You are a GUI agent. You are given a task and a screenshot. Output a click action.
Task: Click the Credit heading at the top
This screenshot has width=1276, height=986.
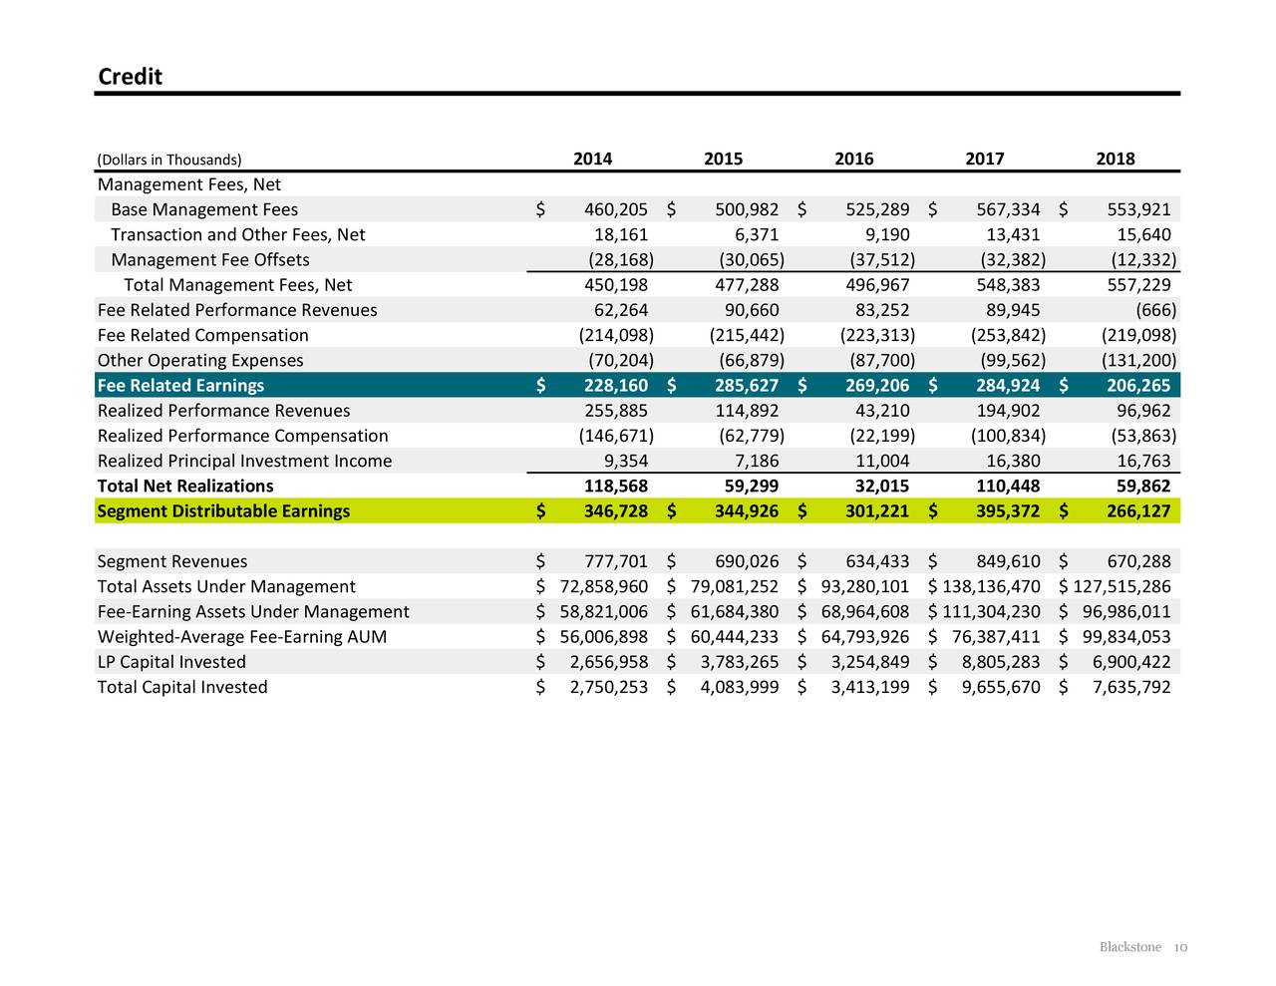point(130,77)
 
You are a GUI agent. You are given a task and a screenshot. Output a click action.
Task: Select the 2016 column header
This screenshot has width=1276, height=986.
point(853,159)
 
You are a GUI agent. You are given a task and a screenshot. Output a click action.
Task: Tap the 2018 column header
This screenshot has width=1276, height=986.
point(1115,159)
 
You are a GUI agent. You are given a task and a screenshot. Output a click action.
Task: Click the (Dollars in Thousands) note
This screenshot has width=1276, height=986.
point(169,160)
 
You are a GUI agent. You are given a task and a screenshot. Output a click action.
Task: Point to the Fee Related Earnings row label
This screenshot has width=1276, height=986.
point(180,386)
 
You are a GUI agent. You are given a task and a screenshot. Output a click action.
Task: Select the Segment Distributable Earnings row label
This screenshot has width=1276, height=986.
point(223,511)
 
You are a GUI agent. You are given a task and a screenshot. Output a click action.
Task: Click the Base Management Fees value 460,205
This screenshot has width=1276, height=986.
point(615,209)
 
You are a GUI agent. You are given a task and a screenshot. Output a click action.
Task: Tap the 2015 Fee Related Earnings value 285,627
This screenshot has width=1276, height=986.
point(746,386)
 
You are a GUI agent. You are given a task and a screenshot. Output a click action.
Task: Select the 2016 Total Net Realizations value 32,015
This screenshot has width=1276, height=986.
point(876,487)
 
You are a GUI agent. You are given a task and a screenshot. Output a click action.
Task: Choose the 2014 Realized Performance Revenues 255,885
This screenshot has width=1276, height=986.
point(615,411)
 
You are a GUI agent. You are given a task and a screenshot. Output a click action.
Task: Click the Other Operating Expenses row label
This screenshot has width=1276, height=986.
point(200,361)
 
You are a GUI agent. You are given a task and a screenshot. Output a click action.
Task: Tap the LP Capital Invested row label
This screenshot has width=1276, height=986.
point(171,662)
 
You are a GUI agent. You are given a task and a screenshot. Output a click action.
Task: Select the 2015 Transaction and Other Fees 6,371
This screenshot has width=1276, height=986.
point(756,234)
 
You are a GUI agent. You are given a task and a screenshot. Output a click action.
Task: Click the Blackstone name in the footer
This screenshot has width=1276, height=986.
point(1129,947)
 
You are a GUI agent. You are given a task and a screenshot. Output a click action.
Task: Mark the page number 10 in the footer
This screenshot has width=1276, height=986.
point(1179,947)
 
